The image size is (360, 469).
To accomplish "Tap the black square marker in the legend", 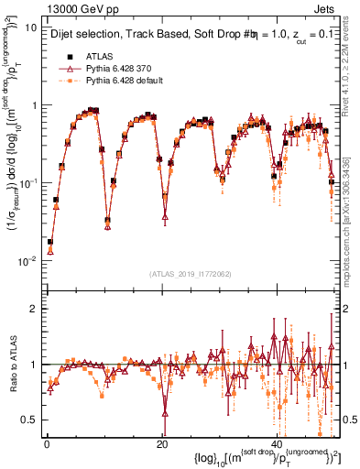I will point(65,56).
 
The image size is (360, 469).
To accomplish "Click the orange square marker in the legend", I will point(65,82).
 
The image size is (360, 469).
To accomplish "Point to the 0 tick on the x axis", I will point(47,443).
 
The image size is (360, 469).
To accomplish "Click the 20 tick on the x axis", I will point(162,443).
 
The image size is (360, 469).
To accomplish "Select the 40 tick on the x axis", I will point(278,443).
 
